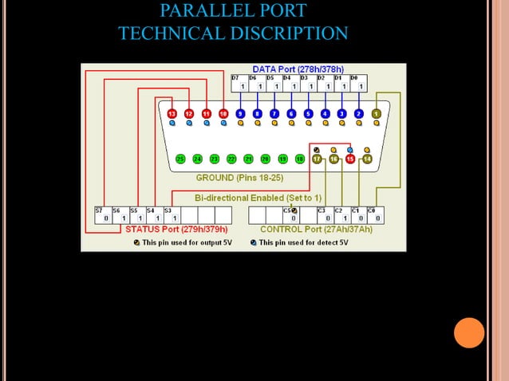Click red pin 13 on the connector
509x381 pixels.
coord(172,114)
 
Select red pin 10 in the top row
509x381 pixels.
coord(223,114)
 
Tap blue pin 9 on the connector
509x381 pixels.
coord(240,114)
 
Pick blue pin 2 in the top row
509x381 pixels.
coord(359,114)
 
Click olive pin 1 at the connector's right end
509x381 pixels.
coord(376,114)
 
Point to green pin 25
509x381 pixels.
coord(180,159)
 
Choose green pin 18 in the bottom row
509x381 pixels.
coord(300,159)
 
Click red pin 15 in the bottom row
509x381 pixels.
coord(350,159)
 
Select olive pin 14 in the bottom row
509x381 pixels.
coord(367,159)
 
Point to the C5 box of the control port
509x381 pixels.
coord(292,214)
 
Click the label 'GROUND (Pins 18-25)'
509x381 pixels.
coord(238,178)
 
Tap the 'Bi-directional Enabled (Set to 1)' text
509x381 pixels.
coord(258,197)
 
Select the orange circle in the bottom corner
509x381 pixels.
coord(469,332)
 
